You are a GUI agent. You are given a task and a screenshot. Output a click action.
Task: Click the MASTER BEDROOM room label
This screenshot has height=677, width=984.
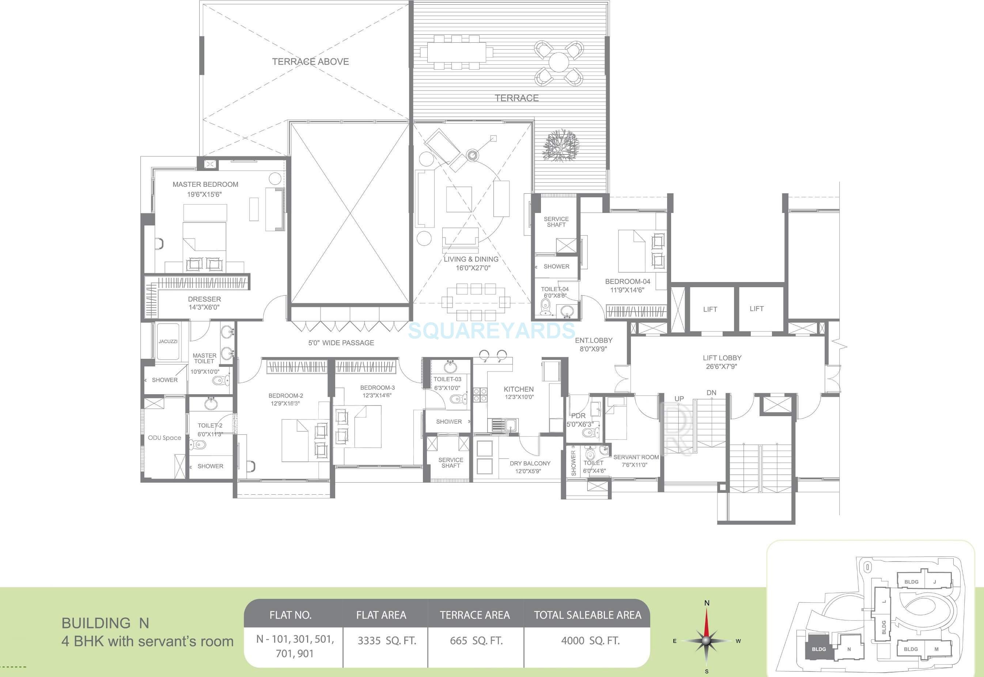click(205, 185)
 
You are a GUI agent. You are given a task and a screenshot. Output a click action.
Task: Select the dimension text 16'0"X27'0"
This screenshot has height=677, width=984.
click(473, 268)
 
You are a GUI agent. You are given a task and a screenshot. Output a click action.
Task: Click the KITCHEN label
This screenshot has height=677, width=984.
click(519, 389)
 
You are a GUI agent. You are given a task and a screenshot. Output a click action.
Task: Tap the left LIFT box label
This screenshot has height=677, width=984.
click(710, 309)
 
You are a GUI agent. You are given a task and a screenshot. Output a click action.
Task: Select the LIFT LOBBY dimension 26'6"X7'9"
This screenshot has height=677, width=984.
click(721, 366)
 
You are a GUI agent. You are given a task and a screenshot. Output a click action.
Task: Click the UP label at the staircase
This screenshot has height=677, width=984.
click(679, 399)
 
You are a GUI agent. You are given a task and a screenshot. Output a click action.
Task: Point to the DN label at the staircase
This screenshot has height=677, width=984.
click(712, 393)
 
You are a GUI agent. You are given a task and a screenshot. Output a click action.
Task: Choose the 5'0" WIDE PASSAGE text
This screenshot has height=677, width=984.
click(341, 343)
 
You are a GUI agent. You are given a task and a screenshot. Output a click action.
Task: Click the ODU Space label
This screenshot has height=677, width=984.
click(164, 438)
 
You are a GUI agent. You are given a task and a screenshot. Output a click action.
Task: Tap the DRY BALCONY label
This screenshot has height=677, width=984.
click(530, 464)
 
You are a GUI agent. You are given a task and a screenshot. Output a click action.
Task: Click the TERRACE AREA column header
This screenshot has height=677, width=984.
click(474, 615)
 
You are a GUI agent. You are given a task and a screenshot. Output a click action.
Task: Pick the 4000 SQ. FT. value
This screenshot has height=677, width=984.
click(590, 640)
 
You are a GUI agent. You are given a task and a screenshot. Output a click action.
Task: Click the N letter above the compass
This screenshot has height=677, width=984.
click(707, 603)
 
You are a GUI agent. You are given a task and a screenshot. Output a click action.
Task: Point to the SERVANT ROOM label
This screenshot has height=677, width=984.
click(636, 457)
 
